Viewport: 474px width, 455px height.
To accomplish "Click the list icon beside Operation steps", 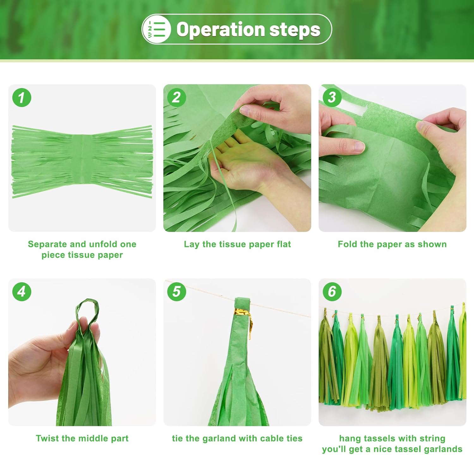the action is point(156,29).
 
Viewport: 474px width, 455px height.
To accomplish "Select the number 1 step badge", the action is point(22,97).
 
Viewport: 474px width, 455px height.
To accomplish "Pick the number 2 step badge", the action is point(177,97).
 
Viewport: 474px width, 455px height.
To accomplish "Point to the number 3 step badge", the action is point(332,97).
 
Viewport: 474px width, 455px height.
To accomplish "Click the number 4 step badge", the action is point(22,291).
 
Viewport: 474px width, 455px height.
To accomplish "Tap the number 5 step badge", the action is point(177,291).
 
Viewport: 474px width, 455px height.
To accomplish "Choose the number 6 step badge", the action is point(332,291).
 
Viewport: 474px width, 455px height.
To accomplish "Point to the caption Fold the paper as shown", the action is point(392,244).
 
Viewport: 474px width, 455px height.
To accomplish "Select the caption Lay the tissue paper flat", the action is point(237,244).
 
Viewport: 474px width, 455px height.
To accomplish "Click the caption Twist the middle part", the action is point(82,438).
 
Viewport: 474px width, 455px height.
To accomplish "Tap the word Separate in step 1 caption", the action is point(47,244).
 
